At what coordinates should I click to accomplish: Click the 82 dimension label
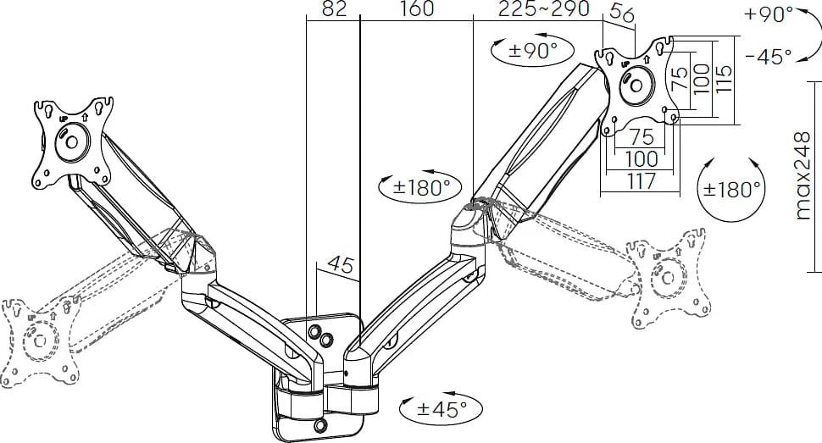coord(334,8)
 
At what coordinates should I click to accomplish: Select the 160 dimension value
coord(417,8)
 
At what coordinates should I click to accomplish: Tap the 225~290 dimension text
coord(544,8)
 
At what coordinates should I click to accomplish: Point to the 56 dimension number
coord(623,13)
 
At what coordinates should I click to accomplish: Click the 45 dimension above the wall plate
coord(340,265)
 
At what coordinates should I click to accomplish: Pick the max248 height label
coord(803,175)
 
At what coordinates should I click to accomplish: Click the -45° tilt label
coord(768,56)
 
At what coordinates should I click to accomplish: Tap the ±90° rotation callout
coord(532,50)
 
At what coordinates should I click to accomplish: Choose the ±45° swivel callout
coord(442,409)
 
